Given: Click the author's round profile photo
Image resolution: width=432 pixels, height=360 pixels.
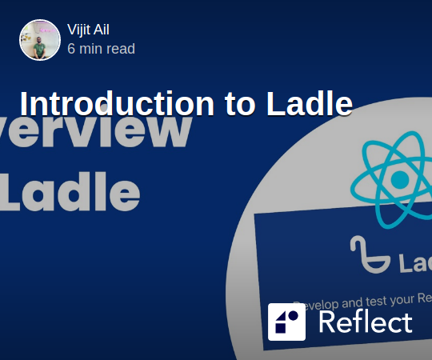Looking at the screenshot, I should (x=40, y=40).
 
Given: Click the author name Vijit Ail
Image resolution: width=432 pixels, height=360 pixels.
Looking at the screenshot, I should (x=88, y=30).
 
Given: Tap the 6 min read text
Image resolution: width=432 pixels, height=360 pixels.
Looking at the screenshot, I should (x=101, y=49).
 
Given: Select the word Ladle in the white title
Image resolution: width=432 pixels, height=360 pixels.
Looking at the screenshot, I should (x=307, y=104).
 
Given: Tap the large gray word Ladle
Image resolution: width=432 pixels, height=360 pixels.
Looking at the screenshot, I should (x=72, y=193).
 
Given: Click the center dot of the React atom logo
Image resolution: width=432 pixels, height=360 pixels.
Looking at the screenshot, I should (x=398, y=178).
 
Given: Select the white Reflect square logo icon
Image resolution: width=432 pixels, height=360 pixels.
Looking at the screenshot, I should (x=287, y=322).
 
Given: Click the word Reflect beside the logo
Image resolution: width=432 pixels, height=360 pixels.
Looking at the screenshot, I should (x=365, y=322).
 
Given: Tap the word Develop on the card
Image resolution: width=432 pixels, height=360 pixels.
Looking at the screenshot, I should (x=315, y=304).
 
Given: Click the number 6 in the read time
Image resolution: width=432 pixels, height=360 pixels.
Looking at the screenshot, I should (x=72, y=49).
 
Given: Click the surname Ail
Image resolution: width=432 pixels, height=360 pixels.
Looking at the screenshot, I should (x=101, y=30).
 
